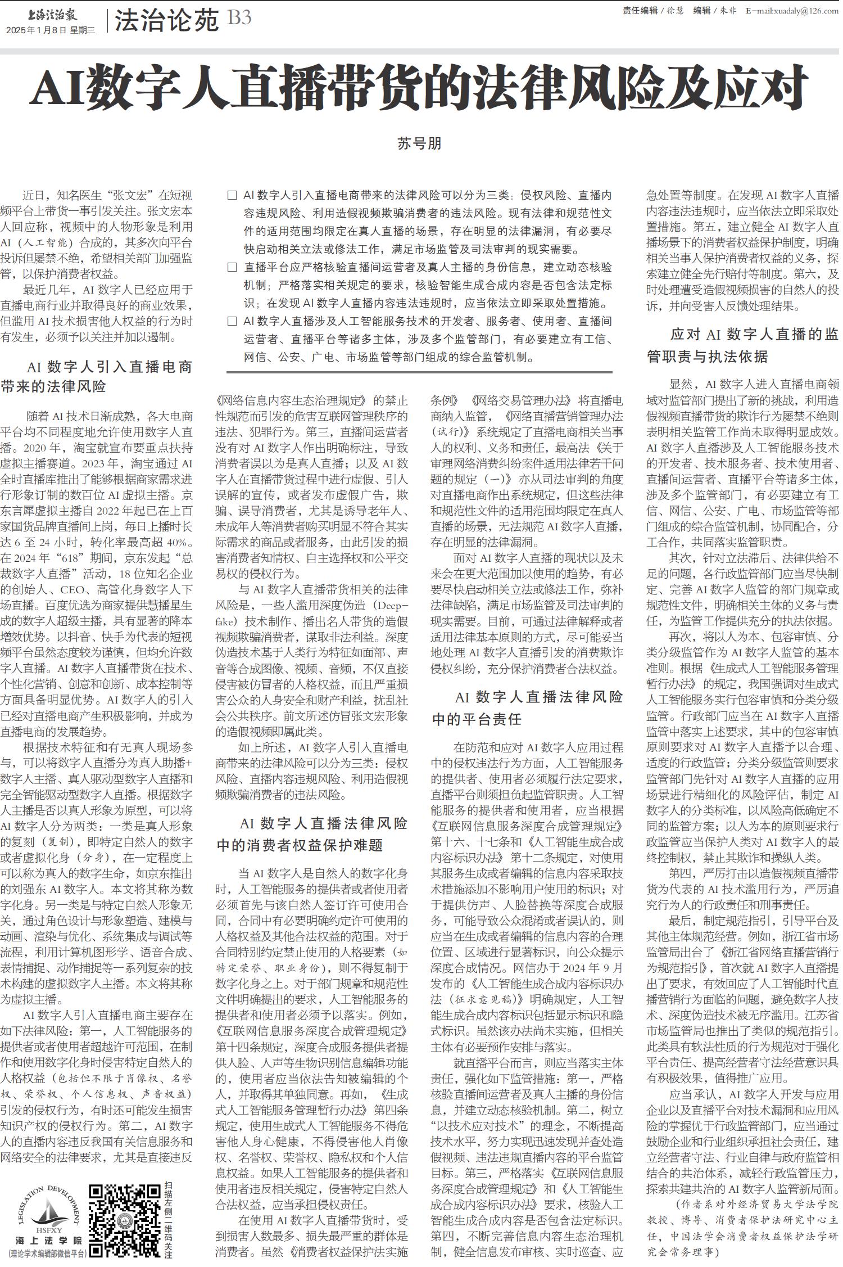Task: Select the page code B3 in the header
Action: click(x=239, y=19)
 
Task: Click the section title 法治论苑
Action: click(x=166, y=22)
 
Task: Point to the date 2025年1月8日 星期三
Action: click(x=51, y=30)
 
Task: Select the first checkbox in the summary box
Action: click(x=232, y=196)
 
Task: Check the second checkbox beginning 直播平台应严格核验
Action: click(x=232, y=268)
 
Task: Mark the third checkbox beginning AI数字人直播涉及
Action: click(x=232, y=322)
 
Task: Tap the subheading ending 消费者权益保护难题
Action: click(x=312, y=834)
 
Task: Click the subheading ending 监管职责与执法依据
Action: click(x=742, y=345)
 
